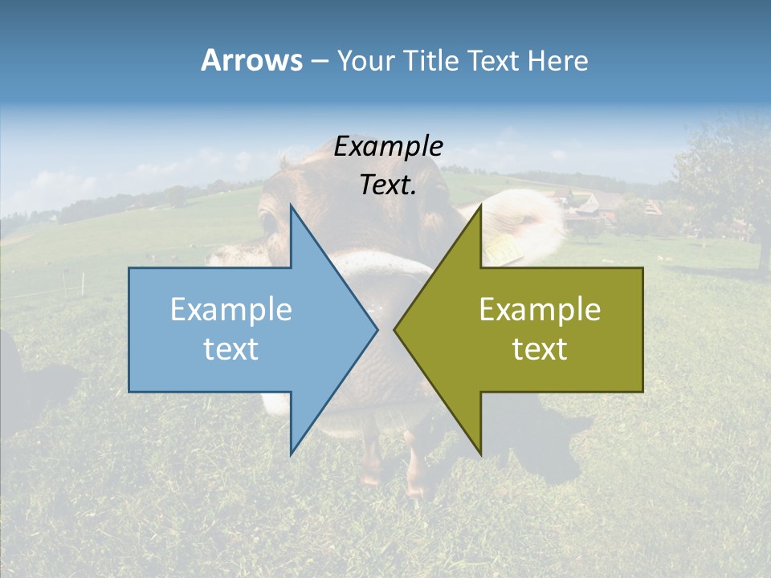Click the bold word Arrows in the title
251,60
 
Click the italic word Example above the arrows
389,147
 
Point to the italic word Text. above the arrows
389,185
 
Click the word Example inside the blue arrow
231,310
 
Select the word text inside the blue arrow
231,349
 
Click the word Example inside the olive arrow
540,310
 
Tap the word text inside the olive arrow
540,349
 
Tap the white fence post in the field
83,282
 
